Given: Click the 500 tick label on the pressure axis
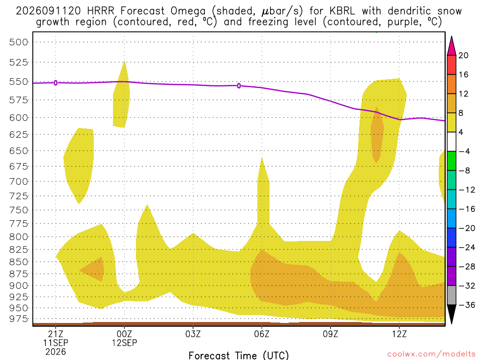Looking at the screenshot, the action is point(19,42).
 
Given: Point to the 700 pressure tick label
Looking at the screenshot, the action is point(19,181).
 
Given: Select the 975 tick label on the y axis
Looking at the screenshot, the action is point(19,319).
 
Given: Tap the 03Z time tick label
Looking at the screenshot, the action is point(193,333).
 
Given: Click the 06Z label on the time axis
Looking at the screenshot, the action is point(262,333).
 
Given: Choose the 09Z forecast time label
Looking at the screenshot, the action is point(330,333).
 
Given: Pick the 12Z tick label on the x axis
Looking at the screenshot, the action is point(399,333).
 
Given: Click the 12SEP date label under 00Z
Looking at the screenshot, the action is point(124,343).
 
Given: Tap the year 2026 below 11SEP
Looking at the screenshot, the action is point(56,352).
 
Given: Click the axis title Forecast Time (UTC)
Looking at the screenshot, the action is point(239,355).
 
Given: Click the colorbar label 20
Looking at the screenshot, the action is point(463,55).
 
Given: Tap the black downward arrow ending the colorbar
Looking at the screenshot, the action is point(451,314).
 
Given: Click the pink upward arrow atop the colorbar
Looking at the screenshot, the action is point(451,46).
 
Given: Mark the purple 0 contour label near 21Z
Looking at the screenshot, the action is point(56,83).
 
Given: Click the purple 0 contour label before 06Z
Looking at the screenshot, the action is point(239,86).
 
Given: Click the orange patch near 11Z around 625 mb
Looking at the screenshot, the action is point(377,135).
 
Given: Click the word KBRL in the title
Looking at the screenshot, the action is point(343,11).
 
